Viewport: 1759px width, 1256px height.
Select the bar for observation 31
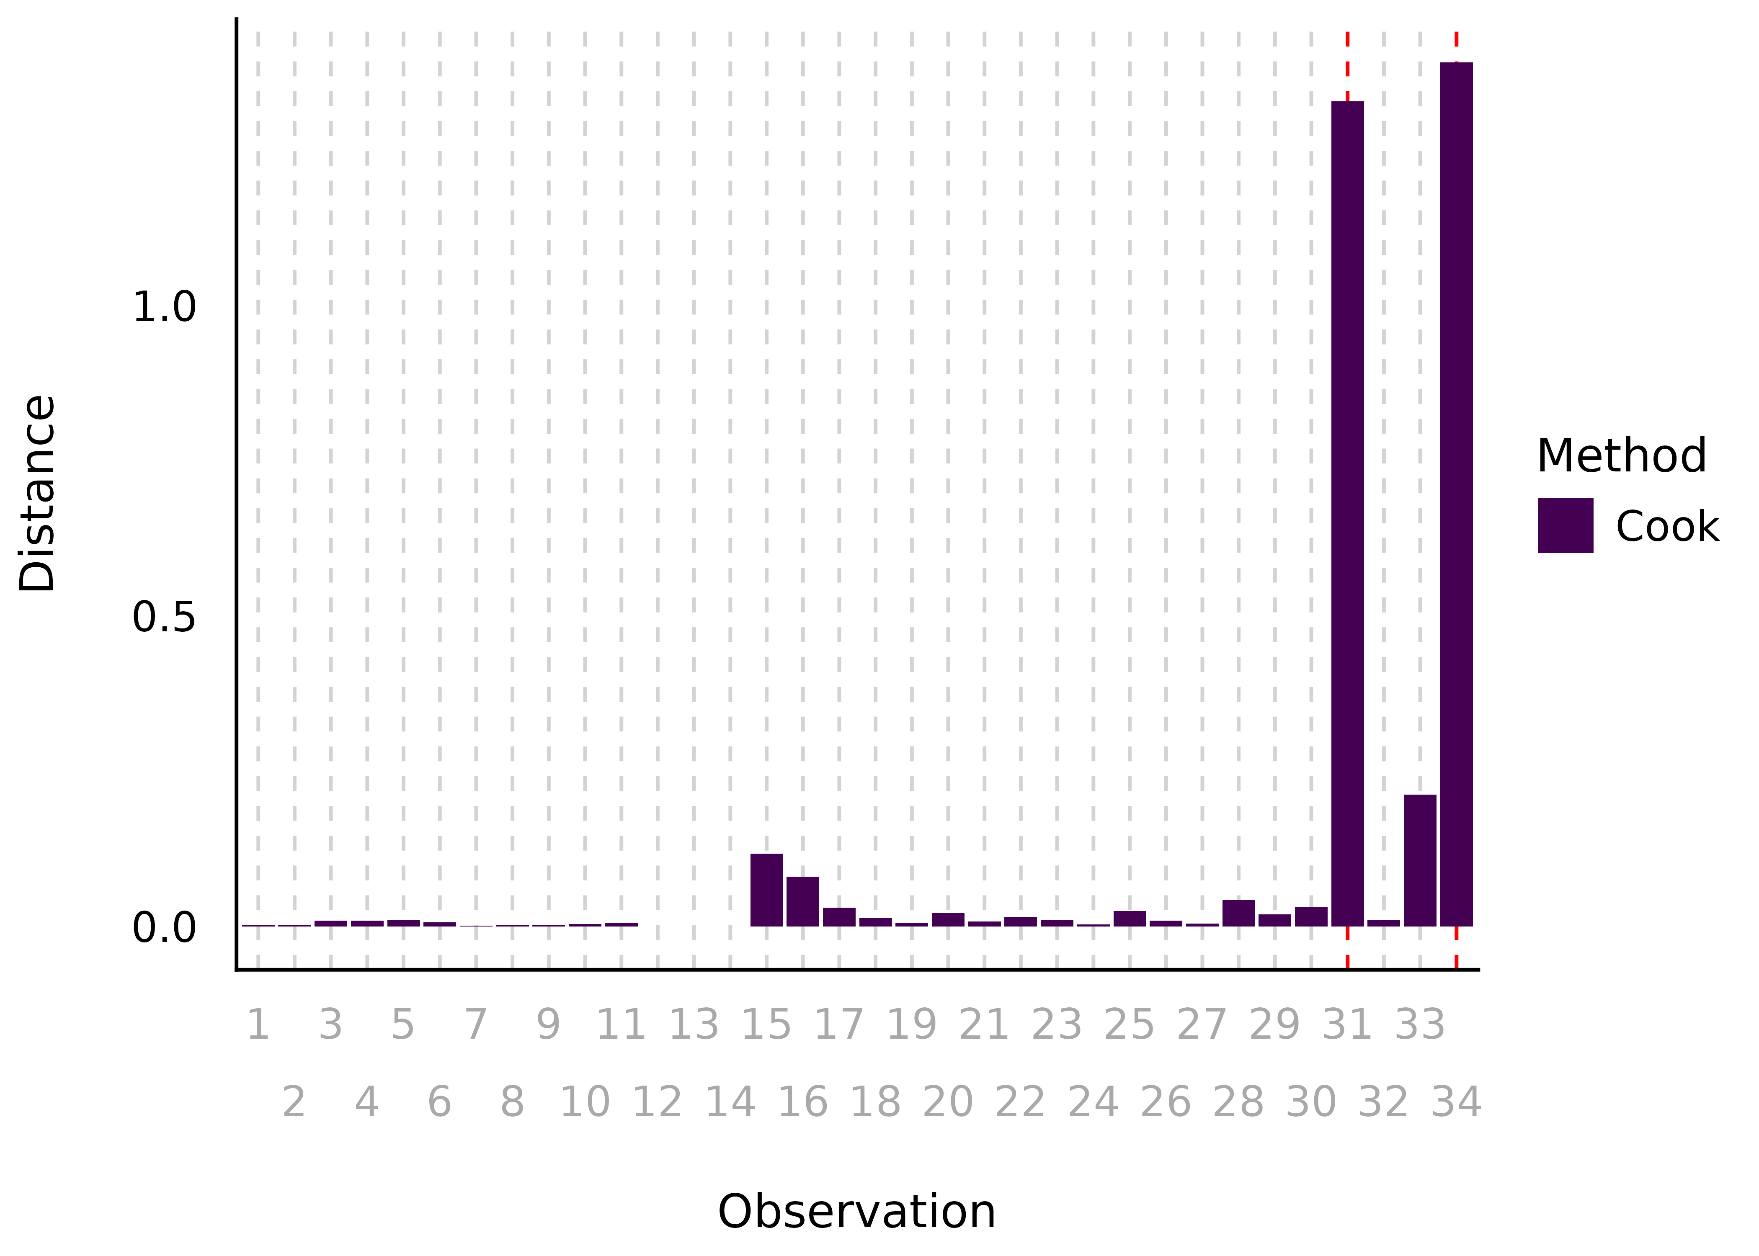point(1347,514)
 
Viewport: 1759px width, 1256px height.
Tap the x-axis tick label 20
point(948,1102)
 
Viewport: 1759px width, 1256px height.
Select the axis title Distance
point(37,494)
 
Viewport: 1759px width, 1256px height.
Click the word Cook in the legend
point(1667,527)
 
